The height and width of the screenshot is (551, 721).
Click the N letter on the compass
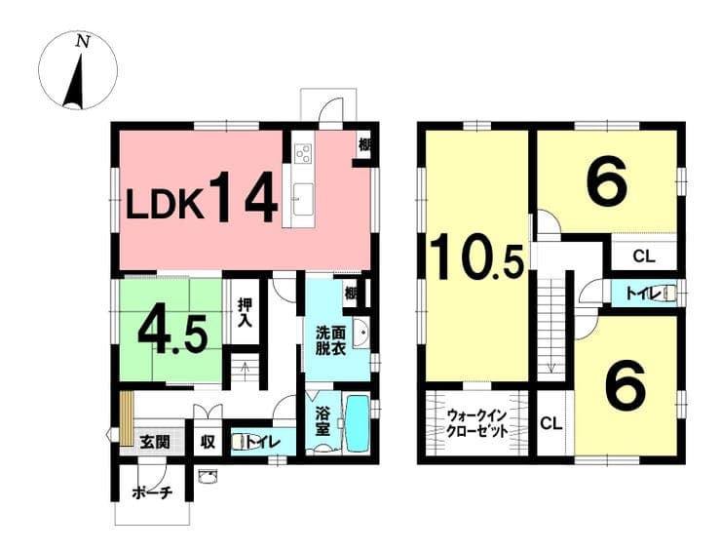(83, 42)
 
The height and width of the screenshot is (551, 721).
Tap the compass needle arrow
(75, 82)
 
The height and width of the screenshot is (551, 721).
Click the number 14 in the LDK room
(244, 197)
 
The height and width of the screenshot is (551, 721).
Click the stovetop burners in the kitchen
(304, 152)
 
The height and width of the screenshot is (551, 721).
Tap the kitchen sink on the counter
(303, 199)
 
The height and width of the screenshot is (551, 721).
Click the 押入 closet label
(245, 313)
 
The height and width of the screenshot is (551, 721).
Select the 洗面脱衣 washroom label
(330, 340)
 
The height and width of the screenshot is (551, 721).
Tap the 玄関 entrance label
(155, 443)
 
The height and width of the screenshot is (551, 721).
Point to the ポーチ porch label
(152, 493)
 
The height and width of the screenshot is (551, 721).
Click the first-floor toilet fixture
(239, 442)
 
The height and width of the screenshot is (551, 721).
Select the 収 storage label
(208, 443)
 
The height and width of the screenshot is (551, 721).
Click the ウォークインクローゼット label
(476, 423)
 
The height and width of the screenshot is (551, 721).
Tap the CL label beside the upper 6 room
(644, 256)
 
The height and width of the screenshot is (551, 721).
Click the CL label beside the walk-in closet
(551, 423)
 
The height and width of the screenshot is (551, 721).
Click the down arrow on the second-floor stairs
(551, 368)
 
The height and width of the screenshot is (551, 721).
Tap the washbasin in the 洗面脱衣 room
(361, 333)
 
